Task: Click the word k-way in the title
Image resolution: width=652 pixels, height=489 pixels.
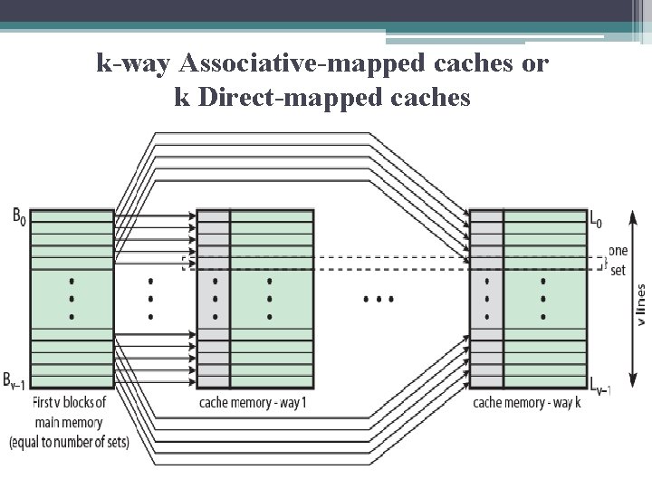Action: [x=135, y=63]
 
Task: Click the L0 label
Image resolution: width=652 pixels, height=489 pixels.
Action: [x=595, y=218]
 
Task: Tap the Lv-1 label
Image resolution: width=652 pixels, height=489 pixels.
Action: [x=599, y=386]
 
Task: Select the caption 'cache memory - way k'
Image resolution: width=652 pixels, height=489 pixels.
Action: [x=527, y=403]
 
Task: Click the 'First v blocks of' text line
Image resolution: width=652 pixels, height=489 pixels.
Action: [x=69, y=403]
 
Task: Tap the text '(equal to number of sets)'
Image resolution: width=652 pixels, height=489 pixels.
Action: [x=69, y=443]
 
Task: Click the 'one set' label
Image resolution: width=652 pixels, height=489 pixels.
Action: [x=618, y=261]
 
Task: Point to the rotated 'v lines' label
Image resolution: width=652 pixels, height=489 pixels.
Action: [x=640, y=304]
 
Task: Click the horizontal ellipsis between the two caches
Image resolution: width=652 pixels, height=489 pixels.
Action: [x=378, y=298]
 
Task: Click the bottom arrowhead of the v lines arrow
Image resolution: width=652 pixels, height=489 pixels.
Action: [x=632, y=386]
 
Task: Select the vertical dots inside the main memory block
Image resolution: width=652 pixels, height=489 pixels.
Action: [x=72, y=299]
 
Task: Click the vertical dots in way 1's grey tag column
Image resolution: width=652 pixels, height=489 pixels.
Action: [x=215, y=299]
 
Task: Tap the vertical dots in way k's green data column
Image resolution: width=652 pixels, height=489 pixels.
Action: [x=543, y=299]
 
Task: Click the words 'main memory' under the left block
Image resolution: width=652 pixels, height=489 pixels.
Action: [x=69, y=423]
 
